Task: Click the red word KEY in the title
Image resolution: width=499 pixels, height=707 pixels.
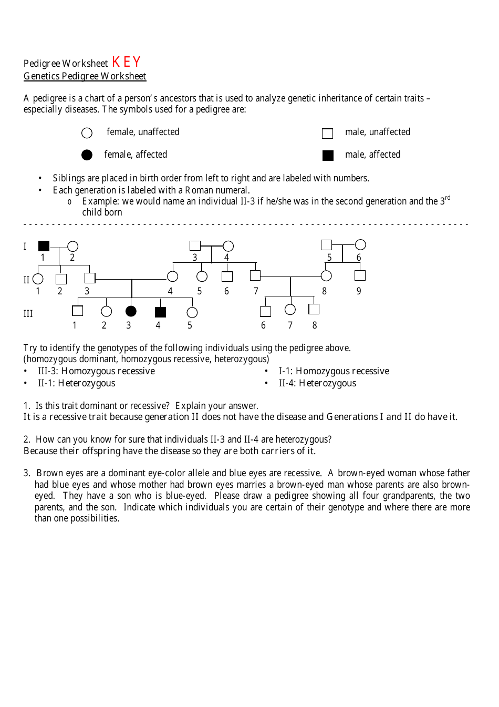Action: [x=126, y=62]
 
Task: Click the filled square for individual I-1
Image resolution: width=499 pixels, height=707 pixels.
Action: [x=44, y=245]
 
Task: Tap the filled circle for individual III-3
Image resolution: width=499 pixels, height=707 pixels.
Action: [x=131, y=311]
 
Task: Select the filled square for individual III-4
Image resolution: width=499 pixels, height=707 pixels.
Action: [x=160, y=312]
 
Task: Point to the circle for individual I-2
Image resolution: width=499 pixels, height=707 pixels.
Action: [x=73, y=246]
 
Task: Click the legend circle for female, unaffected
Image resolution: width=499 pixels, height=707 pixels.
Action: [x=87, y=132]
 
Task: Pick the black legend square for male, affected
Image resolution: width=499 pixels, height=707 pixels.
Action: [x=328, y=155]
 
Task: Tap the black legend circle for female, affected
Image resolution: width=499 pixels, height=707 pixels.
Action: [x=87, y=155]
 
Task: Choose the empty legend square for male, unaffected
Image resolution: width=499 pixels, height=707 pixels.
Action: [x=327, y=133]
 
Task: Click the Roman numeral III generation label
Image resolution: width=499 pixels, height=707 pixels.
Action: [x=28, y=314]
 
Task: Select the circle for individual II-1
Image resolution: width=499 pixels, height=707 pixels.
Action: [x=38, y=279]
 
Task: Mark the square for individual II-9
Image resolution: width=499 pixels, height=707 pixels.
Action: [x=360, y=275]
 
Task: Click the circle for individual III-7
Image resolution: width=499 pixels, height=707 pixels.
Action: [x=290, y=310]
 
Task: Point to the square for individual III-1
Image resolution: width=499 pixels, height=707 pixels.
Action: [x=78, y=311]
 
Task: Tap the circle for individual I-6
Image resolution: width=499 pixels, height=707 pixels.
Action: [x=360, y=244]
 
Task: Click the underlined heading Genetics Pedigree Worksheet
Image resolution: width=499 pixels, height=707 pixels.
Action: [x=85, y=76]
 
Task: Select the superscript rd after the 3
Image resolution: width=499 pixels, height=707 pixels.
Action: [x=448, y=198]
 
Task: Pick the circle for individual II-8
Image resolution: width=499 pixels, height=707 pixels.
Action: [x=326, y=275]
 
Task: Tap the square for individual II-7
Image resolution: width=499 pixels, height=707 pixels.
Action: [x=255, y=275]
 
